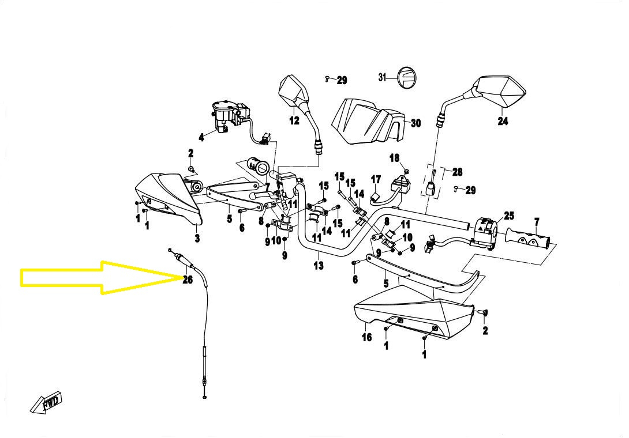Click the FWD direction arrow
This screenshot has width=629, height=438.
click(46, 403)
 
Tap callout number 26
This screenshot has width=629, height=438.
click(188, 280)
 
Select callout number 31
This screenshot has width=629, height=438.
click(382, 77)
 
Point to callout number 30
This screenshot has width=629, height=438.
click(415, 123)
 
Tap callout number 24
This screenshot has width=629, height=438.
click(503, 121)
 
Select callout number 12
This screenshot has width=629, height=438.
click(294, 120)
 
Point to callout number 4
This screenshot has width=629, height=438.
click(201, 137)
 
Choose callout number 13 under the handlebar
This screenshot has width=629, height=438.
click(319, 266)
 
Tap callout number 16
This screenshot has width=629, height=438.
click(367, 337)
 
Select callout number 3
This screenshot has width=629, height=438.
click(197, 238)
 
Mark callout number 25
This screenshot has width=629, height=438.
click(508, 216)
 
